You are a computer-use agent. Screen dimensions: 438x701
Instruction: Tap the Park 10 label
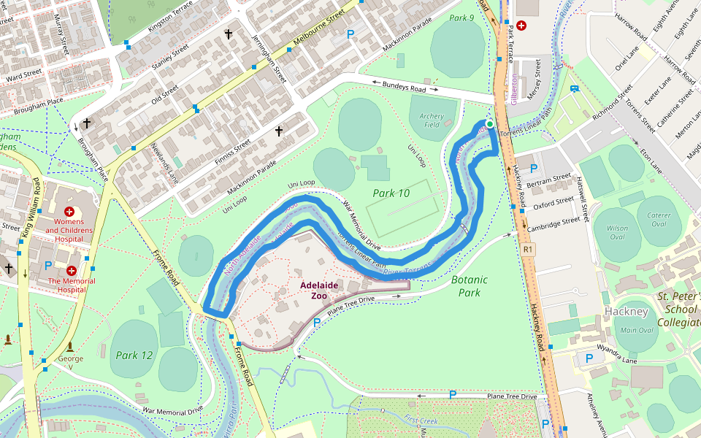pyautogui.click(x=391, y=193)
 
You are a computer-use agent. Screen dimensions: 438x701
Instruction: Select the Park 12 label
pyautogui.click(x=134, y=355)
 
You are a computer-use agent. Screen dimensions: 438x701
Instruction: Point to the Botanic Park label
pyautogui.click(x=469, y=285)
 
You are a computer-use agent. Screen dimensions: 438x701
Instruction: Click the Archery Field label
pyautogui.click(x=432, y=120)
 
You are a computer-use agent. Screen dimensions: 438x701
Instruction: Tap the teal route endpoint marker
pyautogui.click(x=490, y=124)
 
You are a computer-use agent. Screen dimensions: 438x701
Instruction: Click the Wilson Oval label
pyautogui.click(x=617, y=233)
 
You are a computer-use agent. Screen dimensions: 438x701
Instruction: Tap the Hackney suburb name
pyautogui.click(x=626, y=312)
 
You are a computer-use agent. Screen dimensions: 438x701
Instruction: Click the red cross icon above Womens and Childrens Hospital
pyautogui.click(x=70, y=211)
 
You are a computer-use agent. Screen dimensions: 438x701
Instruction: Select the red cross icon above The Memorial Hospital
pyautogui.click(x=71, y=271)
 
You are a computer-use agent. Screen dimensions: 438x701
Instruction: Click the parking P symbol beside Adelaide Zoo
pyautogui.click(x=317, y=322)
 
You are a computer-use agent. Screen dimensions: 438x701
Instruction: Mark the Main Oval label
pyautogui.click(x=637, y=330)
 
